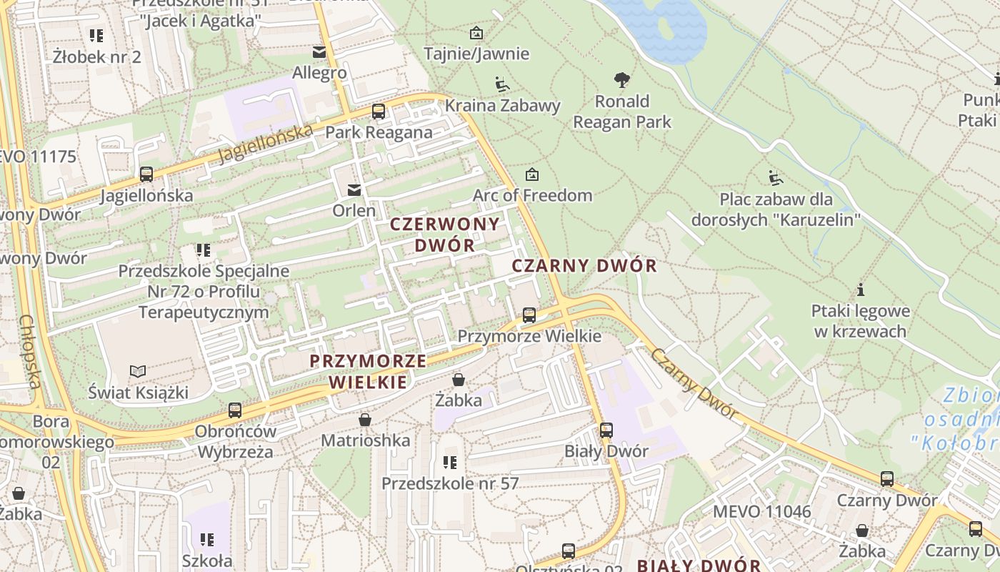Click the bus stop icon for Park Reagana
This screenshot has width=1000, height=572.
tap(378, 111)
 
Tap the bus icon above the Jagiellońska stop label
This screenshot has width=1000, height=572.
tap(146, 174)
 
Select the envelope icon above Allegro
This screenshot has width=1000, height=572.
tap(319, 51)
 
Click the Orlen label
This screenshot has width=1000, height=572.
tap(354, 210)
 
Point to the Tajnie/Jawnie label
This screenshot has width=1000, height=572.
tap(476, 54)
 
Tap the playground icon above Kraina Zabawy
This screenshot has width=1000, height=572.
tap(502, 84)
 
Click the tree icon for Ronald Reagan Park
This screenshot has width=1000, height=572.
tap(622, 79)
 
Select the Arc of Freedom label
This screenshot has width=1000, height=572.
tap(532, 195)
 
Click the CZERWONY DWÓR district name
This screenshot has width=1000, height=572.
tap(444, 234)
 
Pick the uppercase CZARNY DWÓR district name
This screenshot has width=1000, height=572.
tap(584, 266)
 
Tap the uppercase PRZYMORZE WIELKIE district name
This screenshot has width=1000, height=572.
tap(368, 371)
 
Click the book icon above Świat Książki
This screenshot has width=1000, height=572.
tap(138, 371)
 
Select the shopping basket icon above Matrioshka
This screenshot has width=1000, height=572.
tap(365, 419)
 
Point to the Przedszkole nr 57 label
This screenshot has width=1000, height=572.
tap(450, 483)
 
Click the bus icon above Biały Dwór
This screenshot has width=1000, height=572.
tap(606, 430)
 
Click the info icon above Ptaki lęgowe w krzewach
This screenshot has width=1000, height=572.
tap(861, 290)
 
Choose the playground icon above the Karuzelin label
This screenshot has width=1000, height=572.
tap(775, 177)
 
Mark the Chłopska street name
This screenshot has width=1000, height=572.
tap(30, 352)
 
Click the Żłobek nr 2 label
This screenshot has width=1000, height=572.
tap(97, 56)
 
